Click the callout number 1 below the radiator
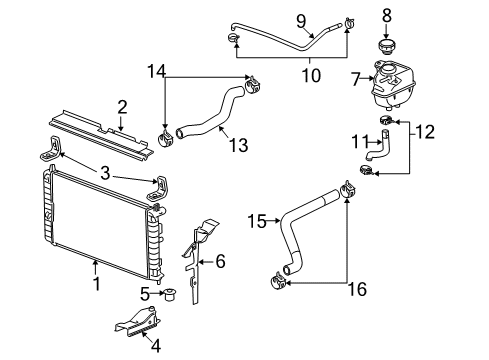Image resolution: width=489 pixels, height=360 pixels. pyautogui.click(x=97, y=284)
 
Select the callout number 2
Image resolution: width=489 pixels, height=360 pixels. pyautogui.click(x=122, y=107)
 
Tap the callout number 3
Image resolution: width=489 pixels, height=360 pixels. pyautogui.click(x=105, y=173)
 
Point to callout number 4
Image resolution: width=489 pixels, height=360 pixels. pyautogui.click(x=156, y=346)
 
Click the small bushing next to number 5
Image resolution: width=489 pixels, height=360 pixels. pyautogui.click(x=170, y=295)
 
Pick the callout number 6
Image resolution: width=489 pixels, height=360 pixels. pyautogui.click(x=220, y=261)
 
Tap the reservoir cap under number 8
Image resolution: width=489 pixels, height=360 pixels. pyautogui.click(x=386, y=48)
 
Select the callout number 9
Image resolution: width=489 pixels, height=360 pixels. pyautogui.click(x=301, y=21)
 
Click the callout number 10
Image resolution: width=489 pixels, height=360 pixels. pyautogui.click(x=311, y=75)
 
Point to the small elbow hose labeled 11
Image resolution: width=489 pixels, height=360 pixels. pyautogui.click(x=378, y=145)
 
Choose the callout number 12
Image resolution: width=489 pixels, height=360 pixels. pyautogui.click(x=425, y=132)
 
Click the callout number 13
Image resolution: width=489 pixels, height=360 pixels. pyautogui.click(x=239, y=145)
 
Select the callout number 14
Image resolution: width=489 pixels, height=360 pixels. pyautogui.click(x=156, y=71)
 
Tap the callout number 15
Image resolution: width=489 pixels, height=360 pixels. pyautogui.click(x=257, y=221)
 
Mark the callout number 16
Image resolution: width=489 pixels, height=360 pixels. pyautogui.click(x=357, y=289)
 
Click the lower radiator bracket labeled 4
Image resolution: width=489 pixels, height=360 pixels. pyautogui.click(x=137, y=321)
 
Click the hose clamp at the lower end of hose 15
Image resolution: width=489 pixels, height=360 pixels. pyautogui.click(x=278, y=281)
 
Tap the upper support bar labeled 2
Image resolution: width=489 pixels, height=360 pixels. pyautogui.click(x=101, y=133)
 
